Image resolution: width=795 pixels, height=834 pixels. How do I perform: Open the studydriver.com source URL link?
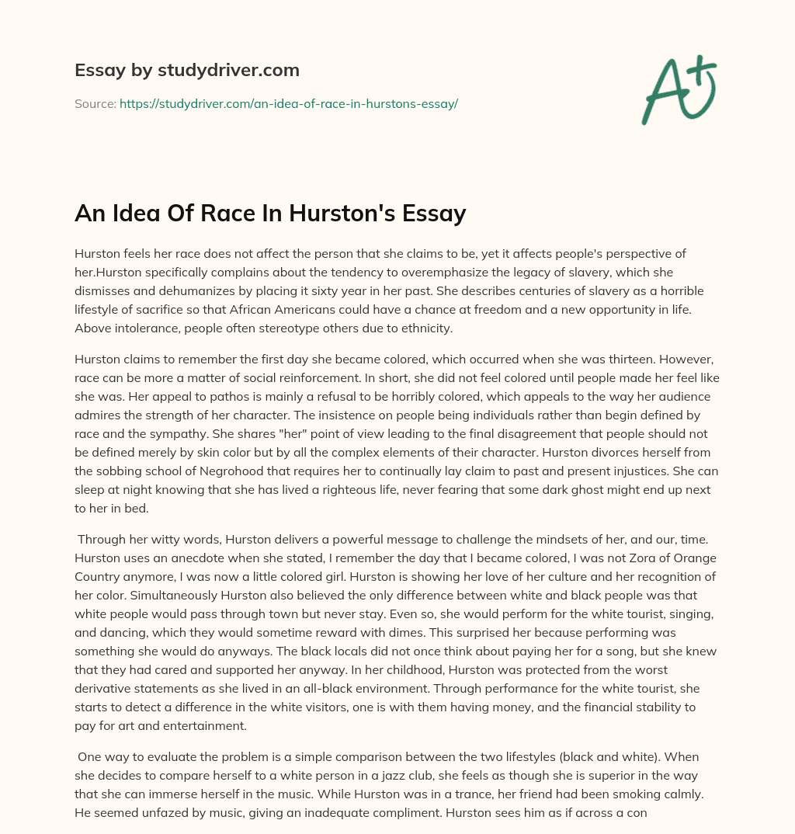coord(288,103)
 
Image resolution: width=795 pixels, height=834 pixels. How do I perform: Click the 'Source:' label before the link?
coord(95,103)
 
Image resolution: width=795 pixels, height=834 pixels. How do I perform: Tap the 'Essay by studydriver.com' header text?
coord(186,70)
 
